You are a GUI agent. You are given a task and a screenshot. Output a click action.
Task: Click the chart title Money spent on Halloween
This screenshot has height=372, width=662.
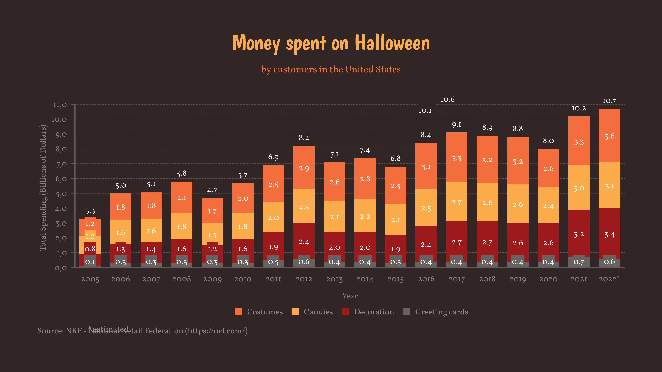point(331,43)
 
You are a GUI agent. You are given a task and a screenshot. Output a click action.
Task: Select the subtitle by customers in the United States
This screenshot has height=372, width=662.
point(331,69)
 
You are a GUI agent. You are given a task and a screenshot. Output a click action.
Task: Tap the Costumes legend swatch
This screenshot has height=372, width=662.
point(238,312)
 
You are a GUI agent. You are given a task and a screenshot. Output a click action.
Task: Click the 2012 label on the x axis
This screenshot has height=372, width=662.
point(304,279)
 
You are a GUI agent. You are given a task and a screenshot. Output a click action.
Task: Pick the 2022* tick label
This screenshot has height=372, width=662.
point(609,279)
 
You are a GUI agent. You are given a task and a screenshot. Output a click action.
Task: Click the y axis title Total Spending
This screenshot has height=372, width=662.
point(43,187)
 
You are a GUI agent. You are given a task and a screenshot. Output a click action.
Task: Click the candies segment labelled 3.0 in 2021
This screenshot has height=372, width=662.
point(579,188)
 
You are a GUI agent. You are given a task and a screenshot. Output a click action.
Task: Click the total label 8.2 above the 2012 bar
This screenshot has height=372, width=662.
point(304,138)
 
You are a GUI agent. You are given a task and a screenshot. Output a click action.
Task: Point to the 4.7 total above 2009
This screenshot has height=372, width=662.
point(212,190)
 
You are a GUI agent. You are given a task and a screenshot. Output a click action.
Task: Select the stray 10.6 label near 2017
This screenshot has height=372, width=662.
point(447,100)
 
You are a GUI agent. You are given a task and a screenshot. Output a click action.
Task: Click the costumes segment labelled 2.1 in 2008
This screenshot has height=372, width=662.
point(182,197)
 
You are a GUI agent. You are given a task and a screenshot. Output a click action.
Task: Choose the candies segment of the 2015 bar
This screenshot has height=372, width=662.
point(395,220)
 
